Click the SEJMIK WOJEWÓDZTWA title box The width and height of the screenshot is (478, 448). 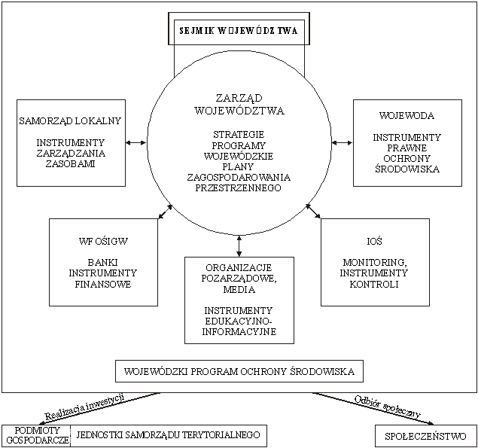coord(239,29)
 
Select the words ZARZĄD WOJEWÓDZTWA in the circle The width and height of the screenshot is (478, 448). coord(239,105)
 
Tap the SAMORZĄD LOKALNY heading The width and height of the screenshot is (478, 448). coord(71,120)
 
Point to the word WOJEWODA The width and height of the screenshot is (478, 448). coord(407,116)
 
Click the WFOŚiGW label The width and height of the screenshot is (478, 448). coord(103,241)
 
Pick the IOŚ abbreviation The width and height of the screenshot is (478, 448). coord(375,241)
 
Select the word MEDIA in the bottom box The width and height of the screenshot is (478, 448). coord(239,289)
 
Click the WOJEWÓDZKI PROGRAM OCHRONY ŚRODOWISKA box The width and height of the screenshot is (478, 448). coord(239,371)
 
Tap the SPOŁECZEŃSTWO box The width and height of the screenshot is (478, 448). coord(425,436)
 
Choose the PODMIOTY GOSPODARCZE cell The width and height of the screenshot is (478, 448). coord(36,435)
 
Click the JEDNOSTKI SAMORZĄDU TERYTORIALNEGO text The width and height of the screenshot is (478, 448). coord(169,434)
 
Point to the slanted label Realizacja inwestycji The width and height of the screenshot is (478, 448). coord(85,407)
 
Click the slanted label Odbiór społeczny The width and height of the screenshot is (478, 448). coord(388,407)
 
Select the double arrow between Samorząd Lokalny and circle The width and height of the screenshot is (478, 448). coord(136,142)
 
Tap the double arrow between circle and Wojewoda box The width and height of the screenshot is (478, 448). coord(342,142)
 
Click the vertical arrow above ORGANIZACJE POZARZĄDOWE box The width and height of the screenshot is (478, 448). coord(239,245)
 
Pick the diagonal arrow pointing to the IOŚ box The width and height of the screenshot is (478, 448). coord(313,212)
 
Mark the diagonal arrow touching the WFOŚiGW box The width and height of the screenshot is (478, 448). coord(166,212)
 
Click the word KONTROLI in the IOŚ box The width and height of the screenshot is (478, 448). coord(374,284)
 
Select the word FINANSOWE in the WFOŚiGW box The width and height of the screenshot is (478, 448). coord(103,284)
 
